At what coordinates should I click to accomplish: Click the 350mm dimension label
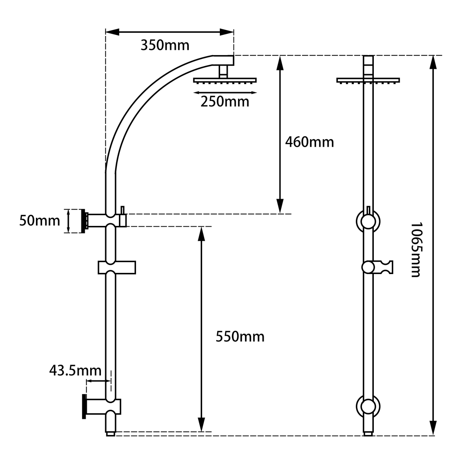(x=165, y=45)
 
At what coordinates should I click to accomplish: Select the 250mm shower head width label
(x=225, y=102)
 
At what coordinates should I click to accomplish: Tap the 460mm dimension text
(x=309, y=142)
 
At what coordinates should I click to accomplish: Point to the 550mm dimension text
(x=240, y=337)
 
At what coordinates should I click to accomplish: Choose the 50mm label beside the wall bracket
(x=39, y=221)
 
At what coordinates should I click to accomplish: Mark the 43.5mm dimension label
(x=75, y=370)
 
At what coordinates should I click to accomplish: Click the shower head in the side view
(x=225, y=80)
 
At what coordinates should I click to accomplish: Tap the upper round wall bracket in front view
(x=368, y=221)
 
